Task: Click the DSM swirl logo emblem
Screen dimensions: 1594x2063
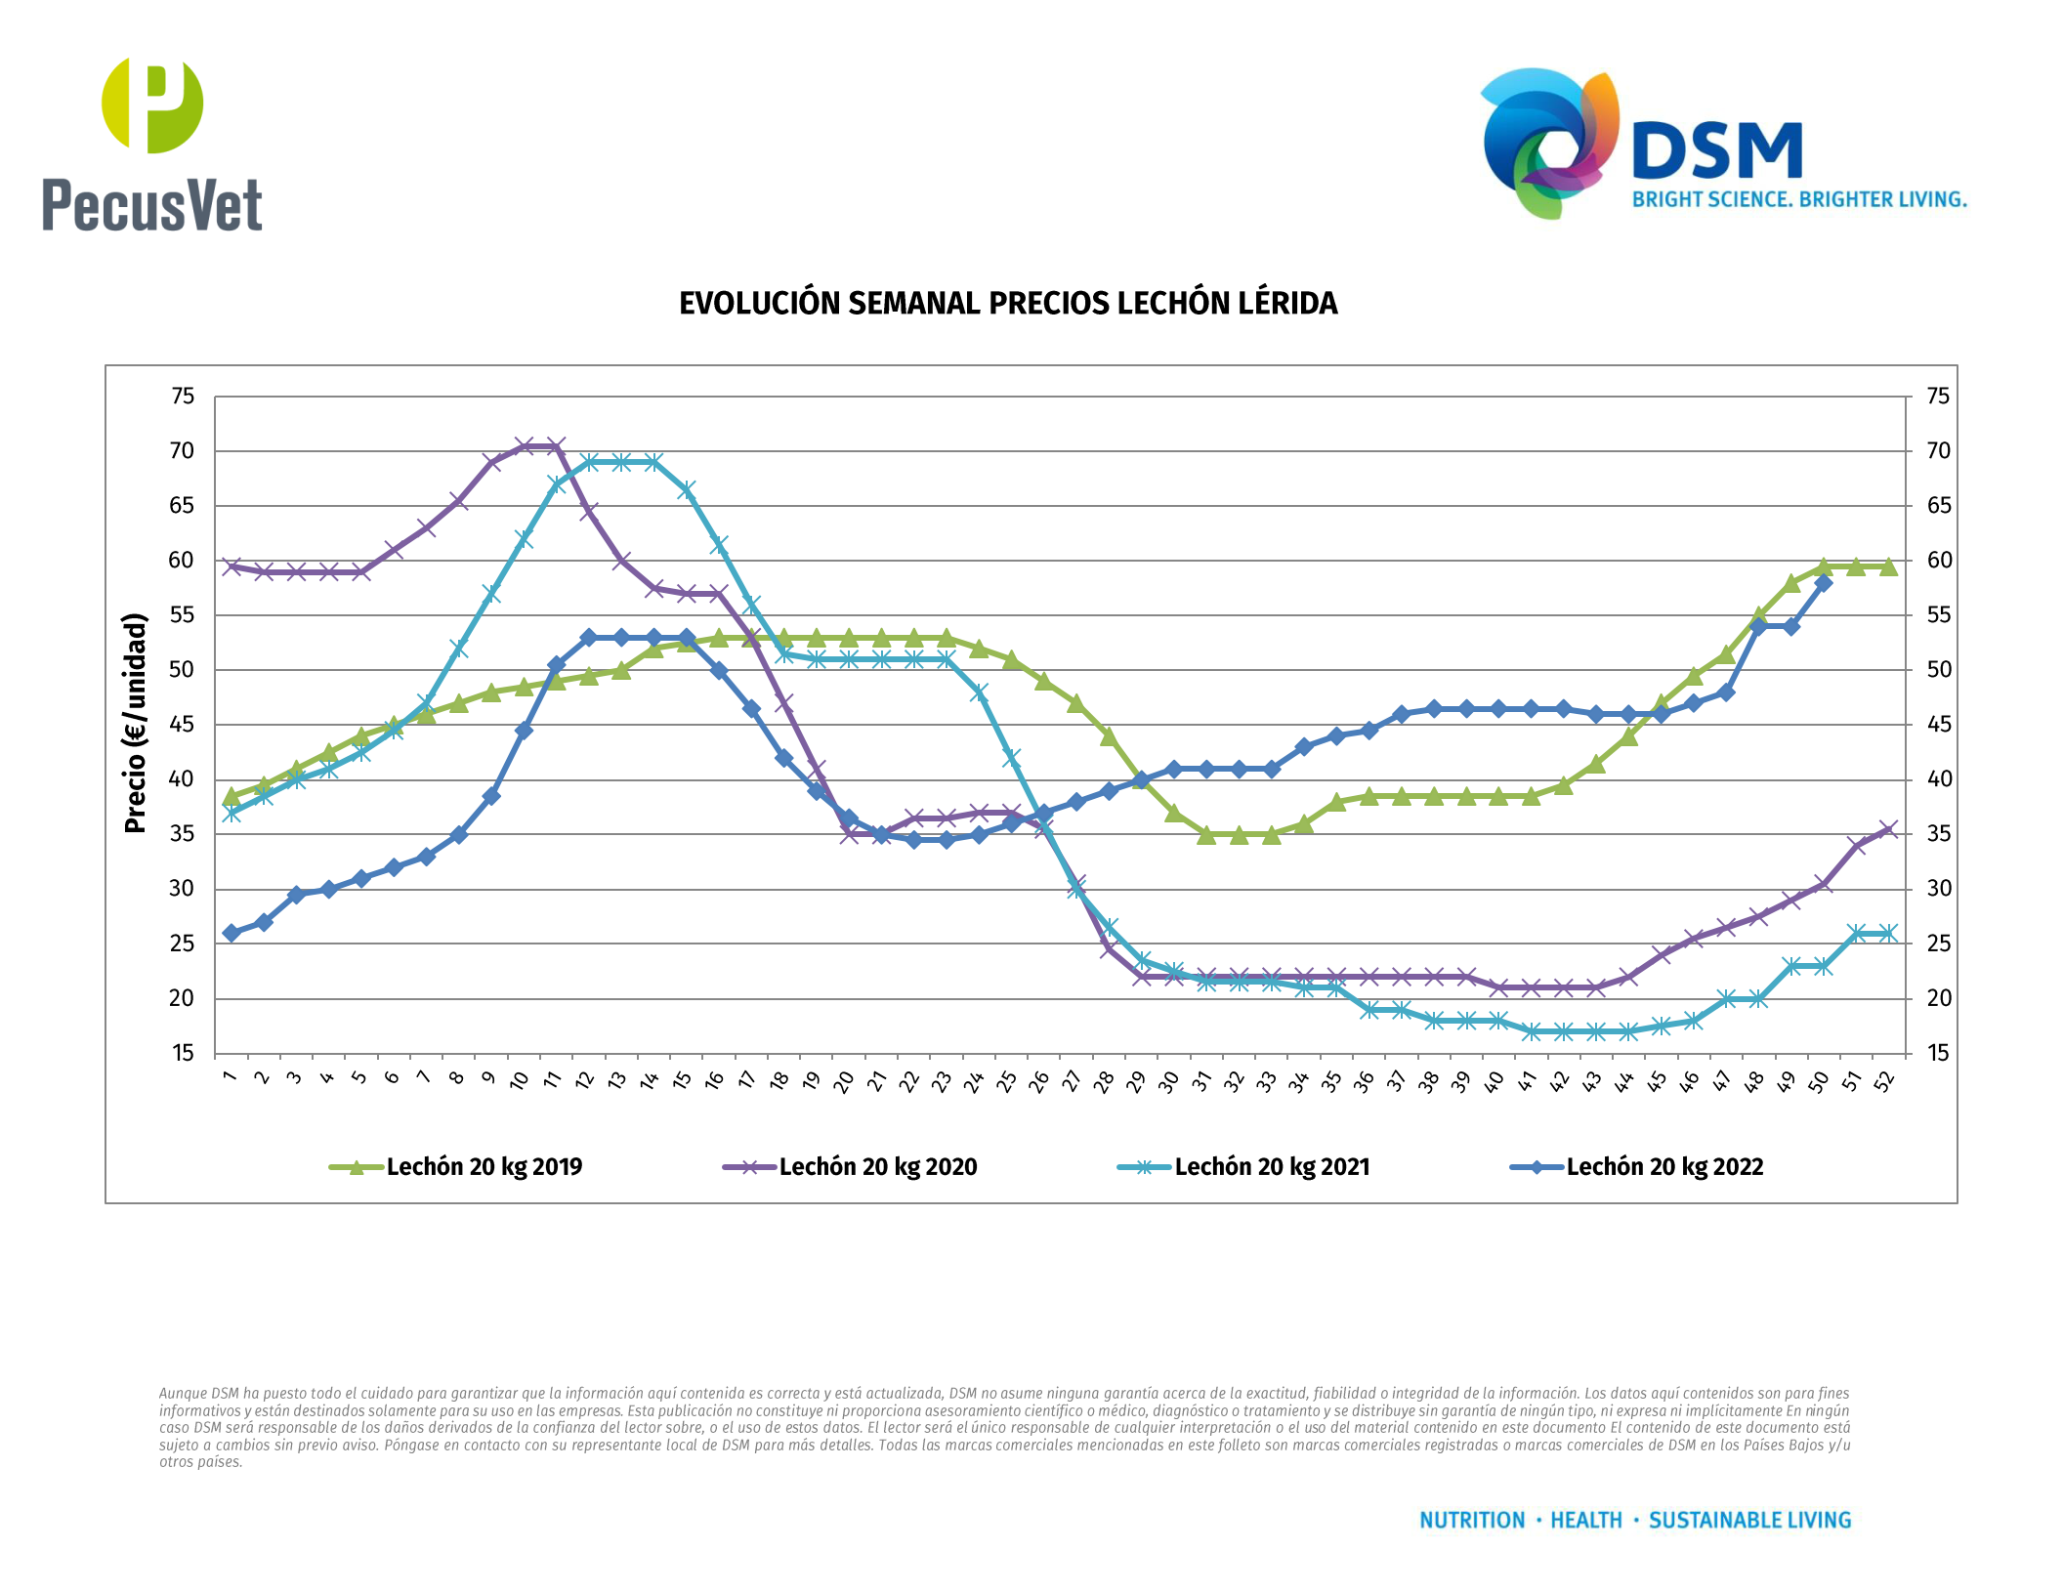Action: click(x=1549, y=142)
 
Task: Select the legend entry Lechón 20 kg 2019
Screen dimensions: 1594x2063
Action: click(x=484, y=1167)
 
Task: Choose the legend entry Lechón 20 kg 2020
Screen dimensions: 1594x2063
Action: click(x=877, y=1167)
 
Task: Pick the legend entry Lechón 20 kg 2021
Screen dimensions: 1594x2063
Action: click(x=1271, y=1167)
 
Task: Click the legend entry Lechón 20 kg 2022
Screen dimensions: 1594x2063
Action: click(x=1664, y=1167)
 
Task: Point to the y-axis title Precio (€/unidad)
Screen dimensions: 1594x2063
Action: click(x=135, y=723)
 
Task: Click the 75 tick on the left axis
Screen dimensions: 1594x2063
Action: click(x=183, y=397)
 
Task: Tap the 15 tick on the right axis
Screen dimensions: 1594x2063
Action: click(x=1938, y=1053)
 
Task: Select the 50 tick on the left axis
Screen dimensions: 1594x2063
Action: click(x=183, y=670)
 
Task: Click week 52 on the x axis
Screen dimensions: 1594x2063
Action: click(x=1885, y=1080)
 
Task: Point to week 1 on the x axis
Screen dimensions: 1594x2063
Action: click(x=231, y=1076)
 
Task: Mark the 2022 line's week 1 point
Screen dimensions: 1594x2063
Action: click(x=232, y=933)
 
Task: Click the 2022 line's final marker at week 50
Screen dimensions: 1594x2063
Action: click(x=1823, y=583)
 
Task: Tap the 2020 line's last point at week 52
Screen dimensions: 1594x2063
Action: click(x=1888, y=829)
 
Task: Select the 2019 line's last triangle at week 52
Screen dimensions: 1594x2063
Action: click(x=1888, y=566)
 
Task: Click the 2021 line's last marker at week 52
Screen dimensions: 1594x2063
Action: click(x=1888, y=934)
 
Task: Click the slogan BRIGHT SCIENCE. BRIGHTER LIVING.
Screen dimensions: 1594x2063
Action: click(x=1799, y=200)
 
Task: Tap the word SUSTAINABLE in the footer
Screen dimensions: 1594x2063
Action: click(x=1703, y=1521)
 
